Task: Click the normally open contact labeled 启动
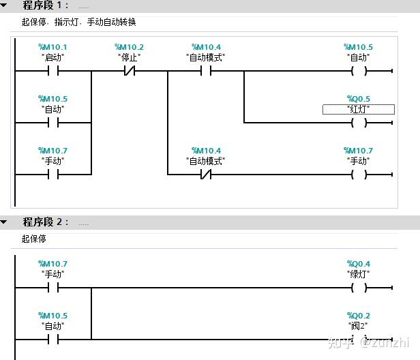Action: coord(53,71)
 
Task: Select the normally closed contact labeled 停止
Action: coord(130,71)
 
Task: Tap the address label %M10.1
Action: coord(53,48)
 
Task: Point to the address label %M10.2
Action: coord(130,48)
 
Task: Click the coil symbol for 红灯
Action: coord(359,123)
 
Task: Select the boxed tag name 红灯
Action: coord(359,109)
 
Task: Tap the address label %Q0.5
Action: coord(359,100)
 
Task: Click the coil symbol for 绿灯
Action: coord(359,288)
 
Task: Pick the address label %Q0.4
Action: coord(359,265)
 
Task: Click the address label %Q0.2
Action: coord(359,316)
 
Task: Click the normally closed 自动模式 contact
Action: coord(206,175)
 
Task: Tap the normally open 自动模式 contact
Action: coord(206,71)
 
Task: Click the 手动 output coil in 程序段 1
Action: coord(359,175)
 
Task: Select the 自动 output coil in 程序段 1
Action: coord(359,71)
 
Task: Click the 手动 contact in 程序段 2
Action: coord(53,288)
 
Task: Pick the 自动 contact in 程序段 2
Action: coord(53,340)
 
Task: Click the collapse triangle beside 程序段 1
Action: coord(5,6)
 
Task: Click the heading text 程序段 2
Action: coord(46,222)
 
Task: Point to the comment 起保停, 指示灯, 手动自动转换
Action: coord(79,22)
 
